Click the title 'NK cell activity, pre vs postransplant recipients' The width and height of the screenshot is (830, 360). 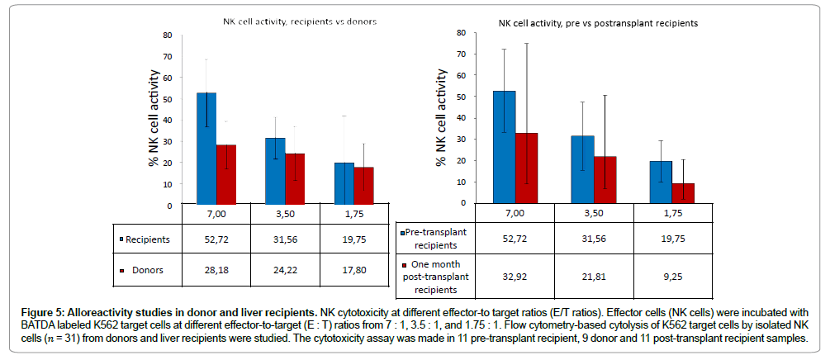tap(598, 24)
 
